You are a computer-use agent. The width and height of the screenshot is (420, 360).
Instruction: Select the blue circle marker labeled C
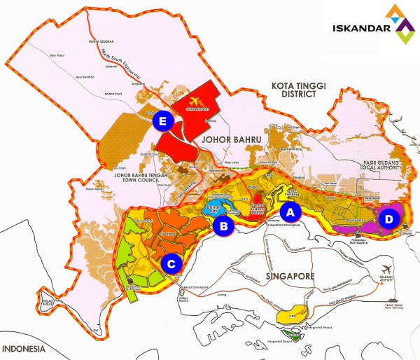171,263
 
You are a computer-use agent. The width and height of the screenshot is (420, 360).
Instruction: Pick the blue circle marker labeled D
387,220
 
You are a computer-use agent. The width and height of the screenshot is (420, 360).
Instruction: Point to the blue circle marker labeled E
162,121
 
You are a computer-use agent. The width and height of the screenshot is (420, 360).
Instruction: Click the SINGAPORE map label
290,276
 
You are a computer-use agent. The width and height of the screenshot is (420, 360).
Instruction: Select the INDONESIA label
24,348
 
